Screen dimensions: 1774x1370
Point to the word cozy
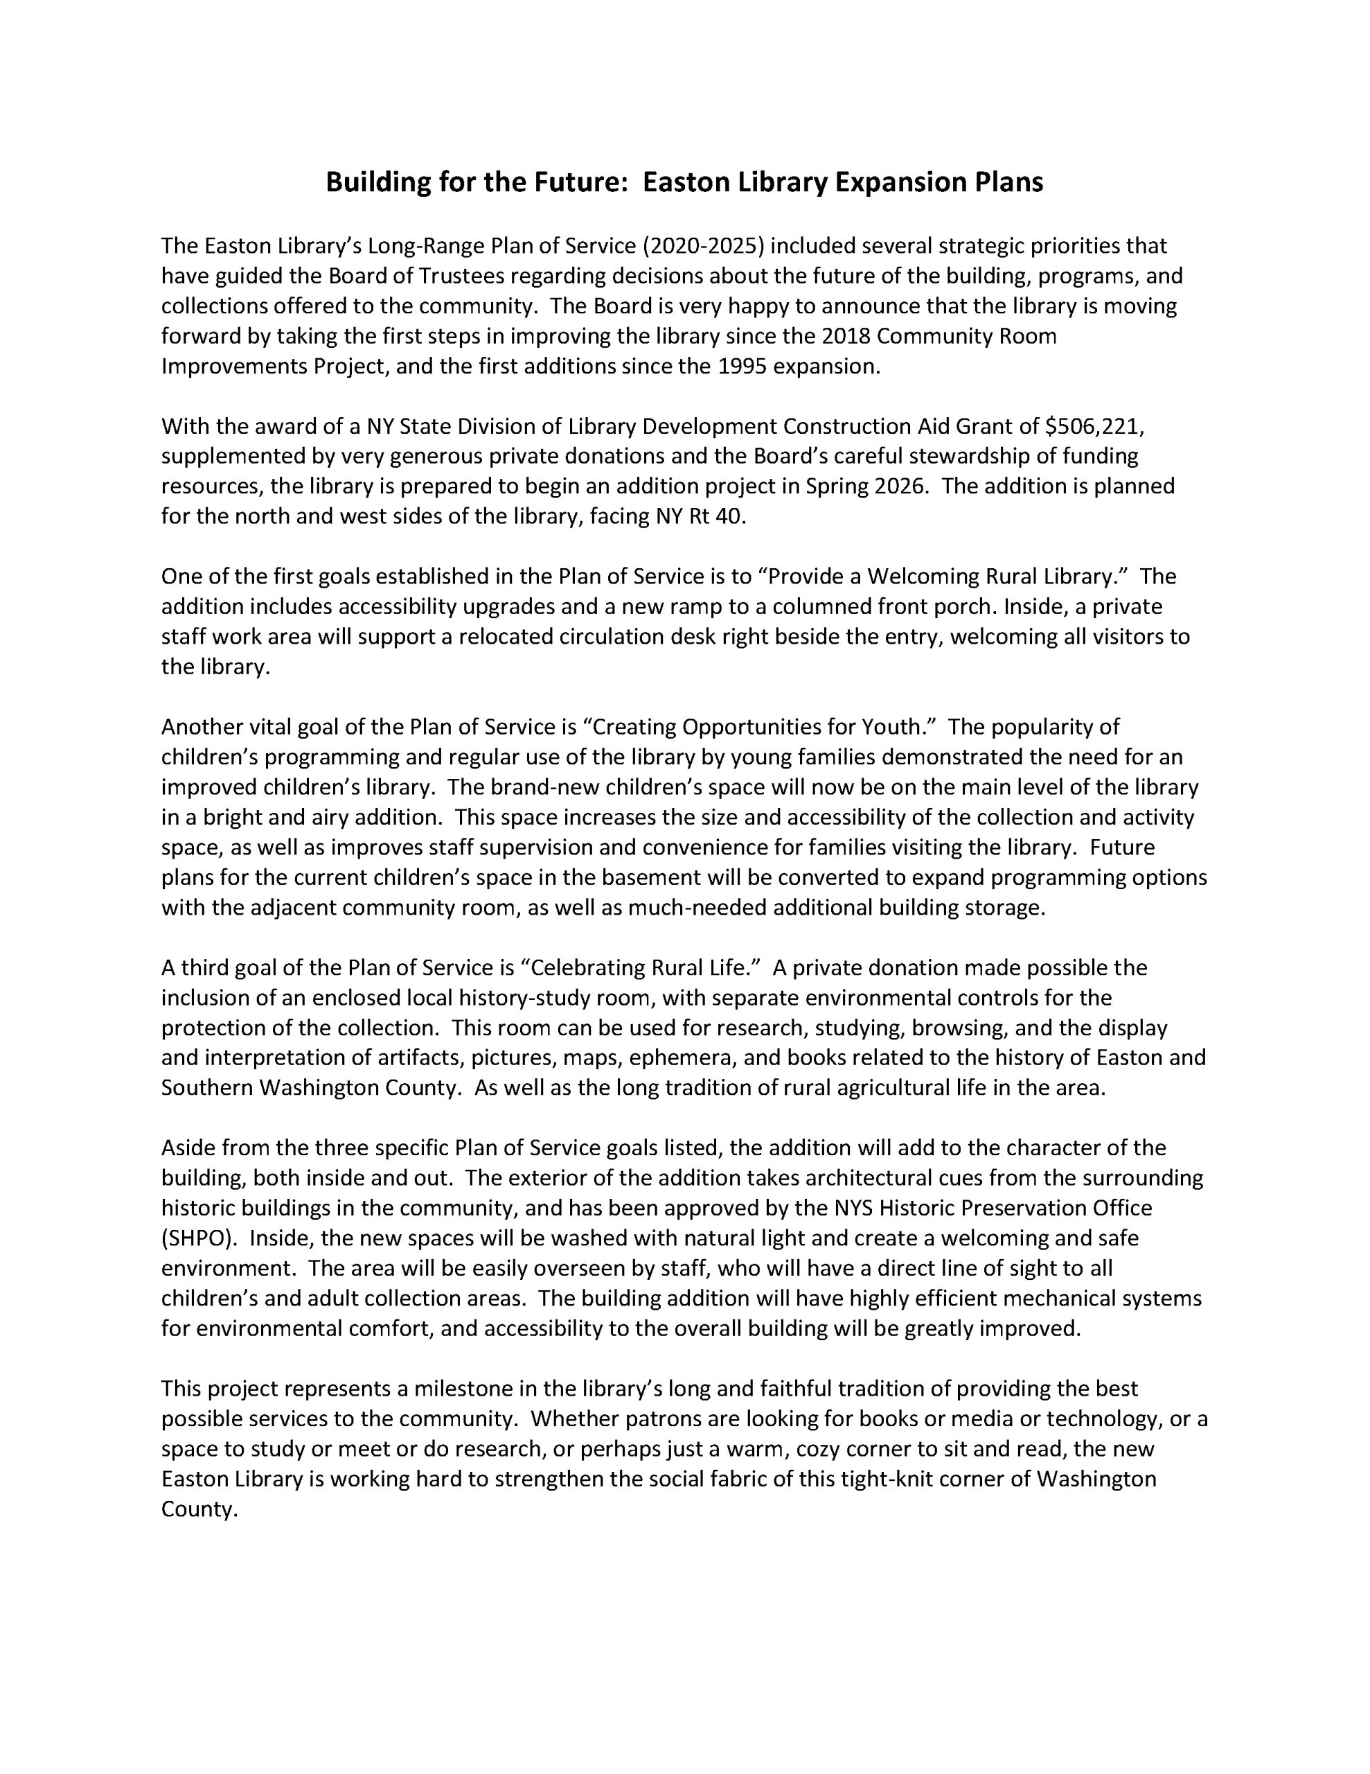pyautogui.click(x=822, y=1448)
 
